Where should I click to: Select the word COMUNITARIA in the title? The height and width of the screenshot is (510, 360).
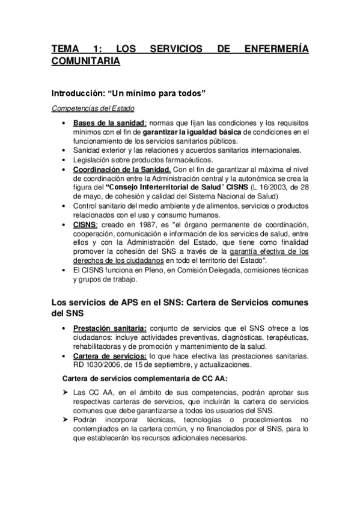click(85, 61)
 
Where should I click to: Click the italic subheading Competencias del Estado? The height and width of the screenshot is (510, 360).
click(93, 109)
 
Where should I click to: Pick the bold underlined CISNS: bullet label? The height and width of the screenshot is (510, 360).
click(85, 224)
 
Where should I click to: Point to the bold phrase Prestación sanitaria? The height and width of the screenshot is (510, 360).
click(109, 328)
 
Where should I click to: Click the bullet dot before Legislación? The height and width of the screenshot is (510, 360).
click(64, 159)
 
